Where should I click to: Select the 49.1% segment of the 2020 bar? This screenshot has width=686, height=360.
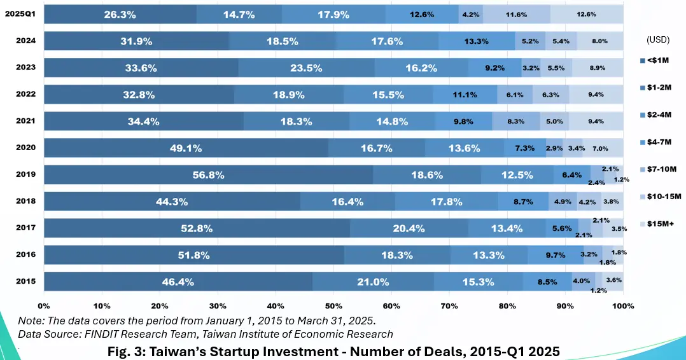186,148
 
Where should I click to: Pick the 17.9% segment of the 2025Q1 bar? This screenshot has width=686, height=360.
333,13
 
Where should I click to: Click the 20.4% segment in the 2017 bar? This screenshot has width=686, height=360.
409,228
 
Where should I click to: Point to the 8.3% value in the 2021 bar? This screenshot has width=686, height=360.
516,120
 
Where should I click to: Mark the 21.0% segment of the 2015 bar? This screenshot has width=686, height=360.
372,281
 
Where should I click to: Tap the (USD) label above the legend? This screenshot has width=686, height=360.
657,39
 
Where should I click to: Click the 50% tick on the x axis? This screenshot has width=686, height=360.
333,306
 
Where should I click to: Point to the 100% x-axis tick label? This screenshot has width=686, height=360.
623,306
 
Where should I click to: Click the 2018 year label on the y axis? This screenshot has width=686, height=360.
25,201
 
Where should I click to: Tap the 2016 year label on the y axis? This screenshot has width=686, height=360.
25,254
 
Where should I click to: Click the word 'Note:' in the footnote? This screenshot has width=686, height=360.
31,321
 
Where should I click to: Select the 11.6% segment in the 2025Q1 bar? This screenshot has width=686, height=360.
515,13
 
